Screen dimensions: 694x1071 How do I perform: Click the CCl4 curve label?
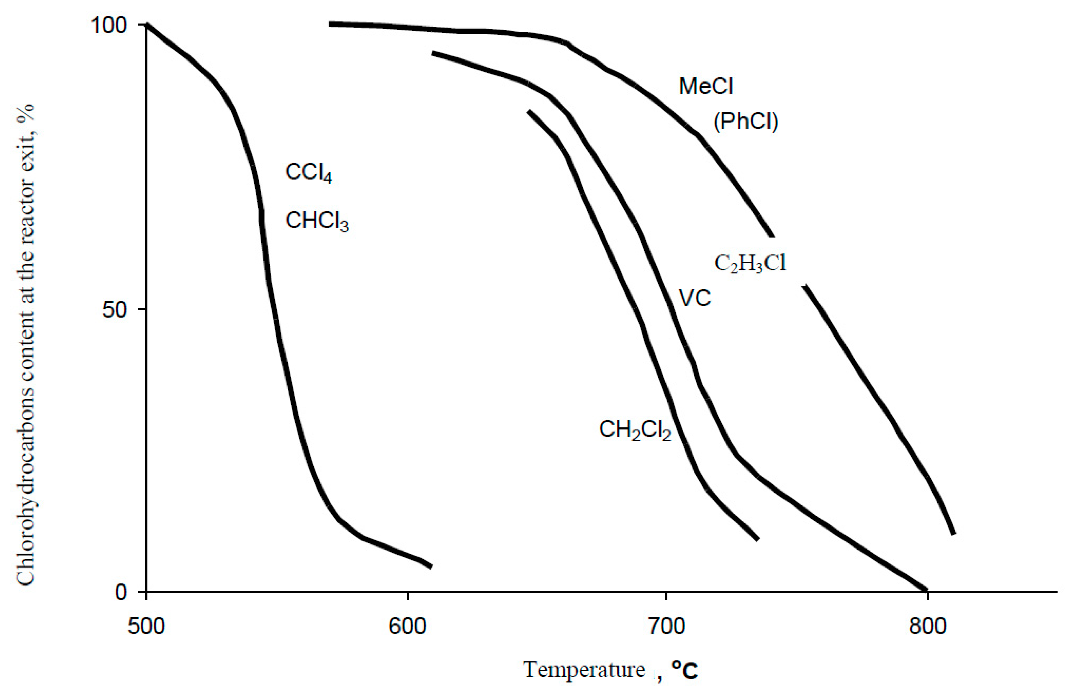click(x=309, y=173)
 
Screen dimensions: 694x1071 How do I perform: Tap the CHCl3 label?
click(x=317, y=221)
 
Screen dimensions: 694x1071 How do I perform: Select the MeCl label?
click(x=706, y=86)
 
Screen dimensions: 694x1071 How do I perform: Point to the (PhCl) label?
click(x=746, y=121)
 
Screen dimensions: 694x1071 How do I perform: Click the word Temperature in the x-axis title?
click(x=584, y=670)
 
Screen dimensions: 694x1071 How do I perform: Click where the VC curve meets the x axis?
click(x=926, y=590)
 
